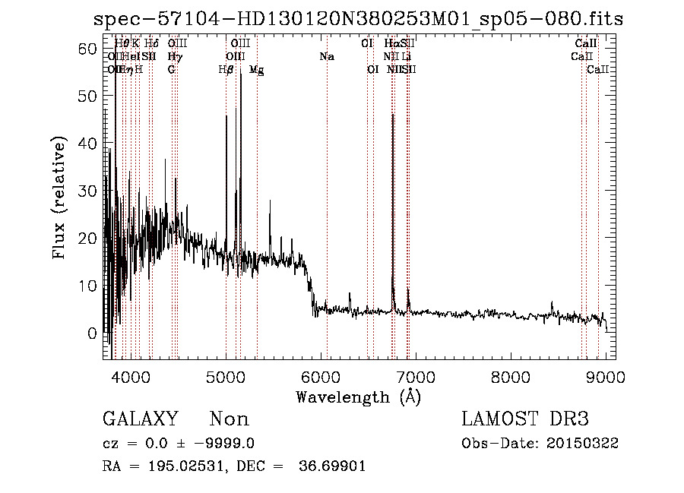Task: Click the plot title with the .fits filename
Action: (358, 19)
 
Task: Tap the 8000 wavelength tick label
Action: (511, 376)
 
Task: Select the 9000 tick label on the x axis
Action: (606, 376)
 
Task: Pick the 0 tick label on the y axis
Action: (92, 333)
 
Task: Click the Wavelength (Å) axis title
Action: (358, 397)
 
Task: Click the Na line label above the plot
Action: (327, 57)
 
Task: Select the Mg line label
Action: (257, 70)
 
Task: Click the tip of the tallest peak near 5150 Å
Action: (240, 74)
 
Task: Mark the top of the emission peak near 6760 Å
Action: (392, 115)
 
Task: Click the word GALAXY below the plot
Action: (141, 419)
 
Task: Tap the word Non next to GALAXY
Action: (229, 419)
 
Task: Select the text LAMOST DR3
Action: (525, 419)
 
